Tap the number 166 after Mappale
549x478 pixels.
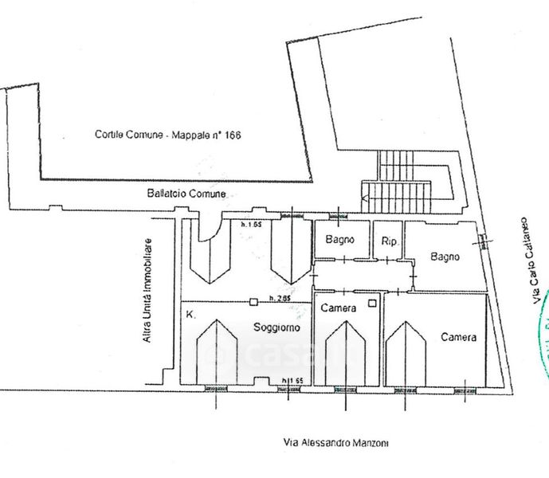click(x=232, y=135)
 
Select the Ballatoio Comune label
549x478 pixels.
click(x=186, y=194)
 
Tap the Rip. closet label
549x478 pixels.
click(x=390, y=241)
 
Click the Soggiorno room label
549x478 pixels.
click(x=276, y=327)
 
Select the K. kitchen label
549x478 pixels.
click(x=190, y=315)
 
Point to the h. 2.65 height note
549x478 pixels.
click(x=278, y=299)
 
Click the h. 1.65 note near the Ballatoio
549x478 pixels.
click(x=252, y=225)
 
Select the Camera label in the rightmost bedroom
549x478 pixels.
click(x=459, y=337)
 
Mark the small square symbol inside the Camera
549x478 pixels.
click(x=371, y=304)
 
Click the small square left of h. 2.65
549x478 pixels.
click(x=253, y=301)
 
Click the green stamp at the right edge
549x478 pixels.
click(x=543, y=335)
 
